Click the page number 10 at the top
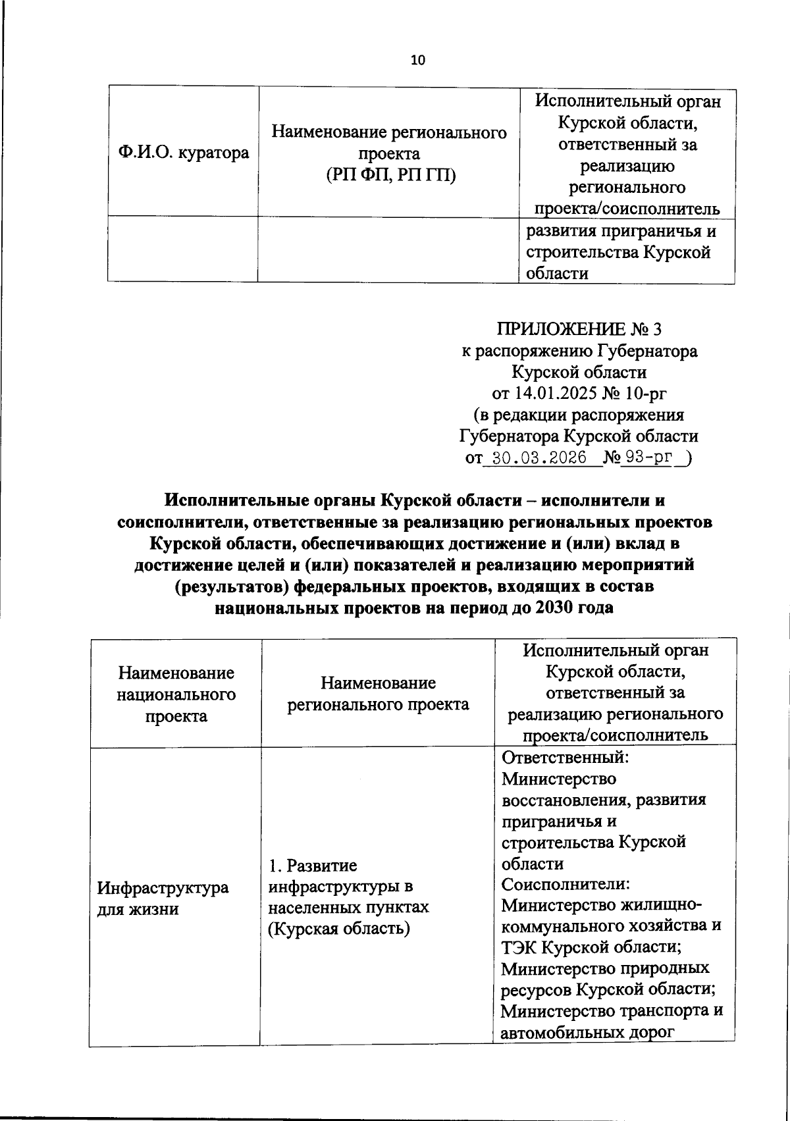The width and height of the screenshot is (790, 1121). pos(417,61)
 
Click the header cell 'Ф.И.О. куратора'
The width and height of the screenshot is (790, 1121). pos(184,153)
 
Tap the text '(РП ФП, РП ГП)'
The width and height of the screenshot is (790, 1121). pos(390,174)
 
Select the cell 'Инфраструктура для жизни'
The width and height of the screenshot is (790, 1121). pos(163,898)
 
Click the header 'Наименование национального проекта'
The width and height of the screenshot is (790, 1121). pos(176,694)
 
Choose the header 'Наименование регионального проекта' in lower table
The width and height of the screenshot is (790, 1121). pos(378,694)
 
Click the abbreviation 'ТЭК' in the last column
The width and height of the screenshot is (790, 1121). pos(521,947)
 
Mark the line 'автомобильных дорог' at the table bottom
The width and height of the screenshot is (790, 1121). pos(588,1032)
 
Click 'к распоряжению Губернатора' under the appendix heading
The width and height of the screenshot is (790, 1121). pos(579,351)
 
